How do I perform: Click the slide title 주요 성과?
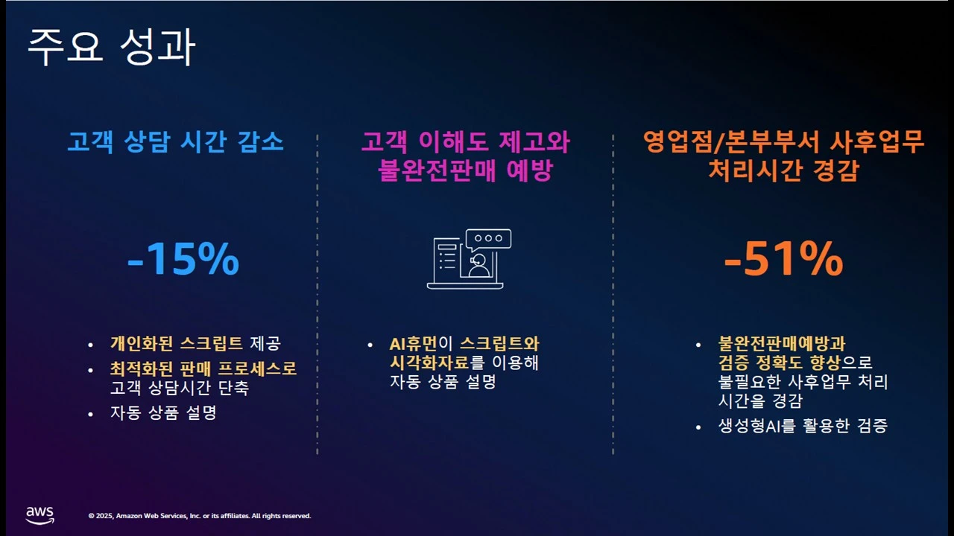point(111,49)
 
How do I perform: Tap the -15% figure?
point(183,260)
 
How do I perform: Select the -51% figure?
point(783,260)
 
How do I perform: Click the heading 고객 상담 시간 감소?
point(176,142)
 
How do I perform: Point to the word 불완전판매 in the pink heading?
point(428,170)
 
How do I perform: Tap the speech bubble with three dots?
point(488,239)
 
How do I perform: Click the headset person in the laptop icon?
point(478,265)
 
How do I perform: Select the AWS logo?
point(40,515)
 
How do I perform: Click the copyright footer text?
point(200,516)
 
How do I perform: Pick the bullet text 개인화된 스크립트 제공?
point(195,344)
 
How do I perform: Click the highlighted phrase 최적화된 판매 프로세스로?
point(203,368)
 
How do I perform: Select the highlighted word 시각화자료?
point(429,363)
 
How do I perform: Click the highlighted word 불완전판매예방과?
point(782,344)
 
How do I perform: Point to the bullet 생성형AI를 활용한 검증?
point(803,427)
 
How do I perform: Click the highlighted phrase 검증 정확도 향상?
point(779,363)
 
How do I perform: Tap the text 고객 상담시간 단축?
point(179,388)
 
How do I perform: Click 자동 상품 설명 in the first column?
point(162,412)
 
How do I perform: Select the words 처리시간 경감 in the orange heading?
point(783,170)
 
